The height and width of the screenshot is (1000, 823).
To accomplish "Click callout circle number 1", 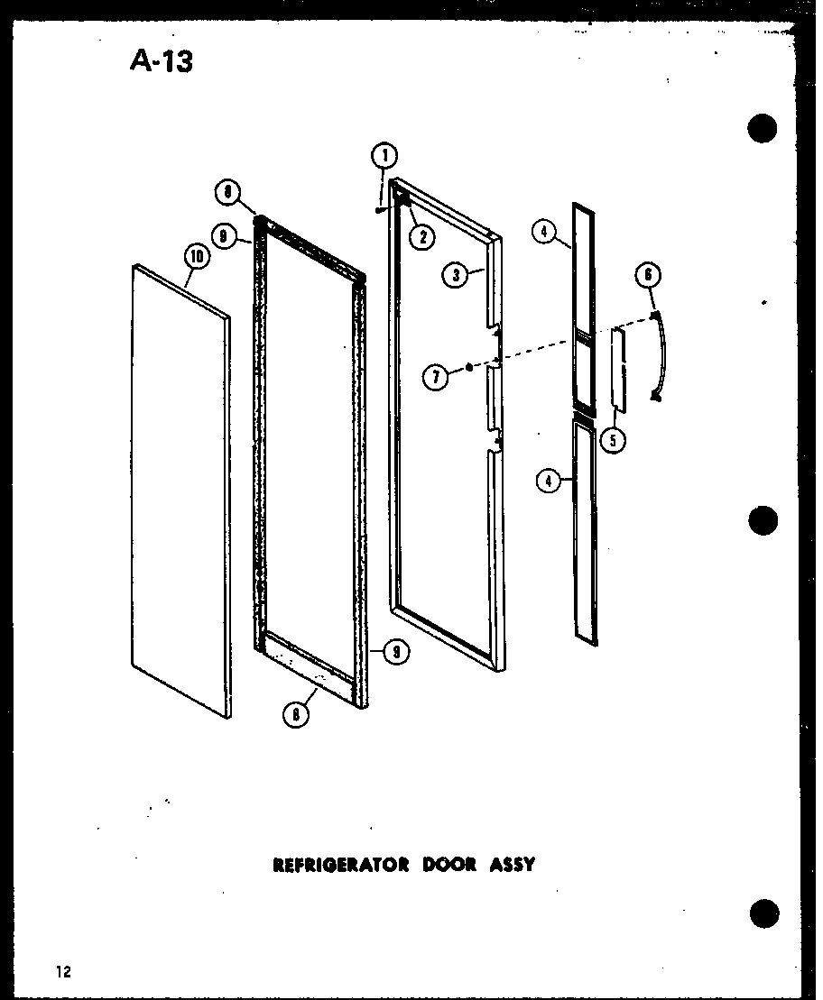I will click(385, 156).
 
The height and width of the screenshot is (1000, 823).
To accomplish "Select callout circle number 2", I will click(421, 238).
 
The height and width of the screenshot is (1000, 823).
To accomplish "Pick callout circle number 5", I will click(615, 441).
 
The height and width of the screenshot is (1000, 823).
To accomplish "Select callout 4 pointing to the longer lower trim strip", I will click(547, 481).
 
